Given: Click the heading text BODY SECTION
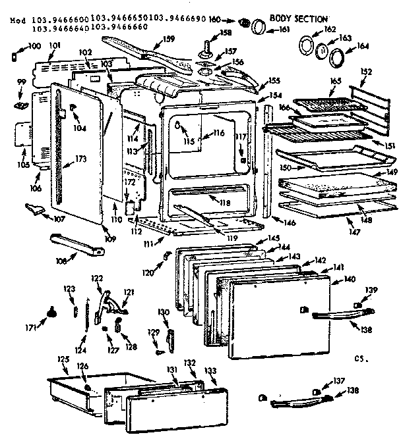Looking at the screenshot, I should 298,18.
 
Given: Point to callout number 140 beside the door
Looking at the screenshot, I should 350,279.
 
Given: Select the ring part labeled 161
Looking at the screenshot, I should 260,26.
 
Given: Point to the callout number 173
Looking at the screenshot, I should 81,158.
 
